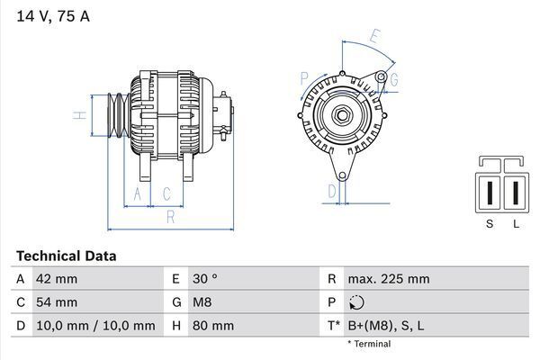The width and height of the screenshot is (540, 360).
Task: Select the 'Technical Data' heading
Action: (x=66, y=256)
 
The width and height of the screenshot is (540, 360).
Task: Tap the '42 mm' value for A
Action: (x=56, y=279)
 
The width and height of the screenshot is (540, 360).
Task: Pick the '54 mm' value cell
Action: (x=56, y=302)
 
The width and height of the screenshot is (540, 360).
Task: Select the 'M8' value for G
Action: (x=201, y=302)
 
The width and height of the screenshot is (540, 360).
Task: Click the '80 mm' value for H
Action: (x=211, y=326)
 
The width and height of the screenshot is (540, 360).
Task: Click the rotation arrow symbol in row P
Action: (x=357, y=303)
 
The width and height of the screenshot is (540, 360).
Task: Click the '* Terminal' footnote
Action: (x=369, y=344)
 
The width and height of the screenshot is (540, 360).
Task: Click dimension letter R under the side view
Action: (x=169, y=217)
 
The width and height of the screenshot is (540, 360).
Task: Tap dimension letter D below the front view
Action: (x=331, y=190)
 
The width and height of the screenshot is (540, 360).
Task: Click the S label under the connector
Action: (x=490, y=224)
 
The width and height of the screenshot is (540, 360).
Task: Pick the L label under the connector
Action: (x=516, y=224)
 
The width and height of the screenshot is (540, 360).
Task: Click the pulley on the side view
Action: (x=118, y=115)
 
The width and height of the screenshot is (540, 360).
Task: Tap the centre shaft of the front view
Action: (x=343, y=115)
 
